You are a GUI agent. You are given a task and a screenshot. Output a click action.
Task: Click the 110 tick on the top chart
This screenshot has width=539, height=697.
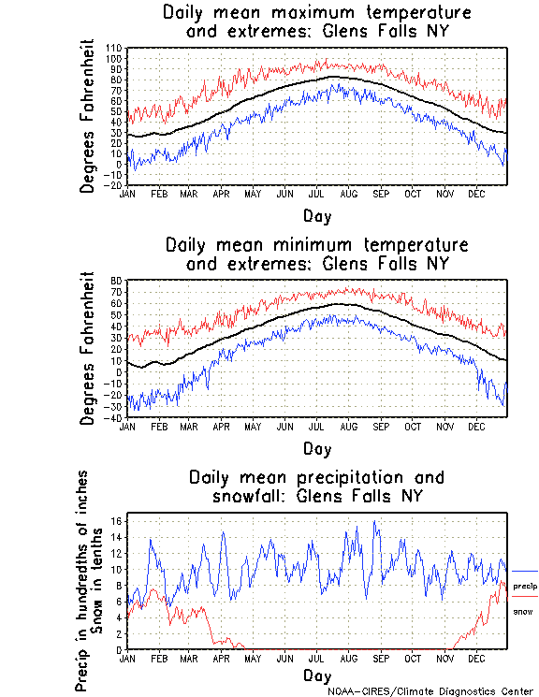point(115,48)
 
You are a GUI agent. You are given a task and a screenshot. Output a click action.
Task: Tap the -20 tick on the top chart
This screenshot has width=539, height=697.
point(114,185)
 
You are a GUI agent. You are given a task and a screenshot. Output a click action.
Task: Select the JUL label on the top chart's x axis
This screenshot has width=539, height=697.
point(316,194)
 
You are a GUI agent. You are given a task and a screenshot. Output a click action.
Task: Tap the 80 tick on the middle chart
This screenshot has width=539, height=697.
point(118,281)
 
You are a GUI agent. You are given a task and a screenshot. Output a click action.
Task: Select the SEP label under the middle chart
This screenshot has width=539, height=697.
point(381,427)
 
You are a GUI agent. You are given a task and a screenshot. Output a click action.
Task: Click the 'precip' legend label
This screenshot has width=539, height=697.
point(525,586)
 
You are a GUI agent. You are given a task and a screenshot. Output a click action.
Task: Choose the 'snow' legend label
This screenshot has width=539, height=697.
point(522,611)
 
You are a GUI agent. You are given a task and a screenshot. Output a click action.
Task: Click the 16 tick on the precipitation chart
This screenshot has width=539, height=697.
point(117,521)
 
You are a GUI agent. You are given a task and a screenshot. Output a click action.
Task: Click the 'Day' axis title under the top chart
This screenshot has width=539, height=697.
point(317,216)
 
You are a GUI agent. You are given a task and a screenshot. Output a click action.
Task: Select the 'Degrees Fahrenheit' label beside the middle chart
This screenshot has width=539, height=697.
point(88,348)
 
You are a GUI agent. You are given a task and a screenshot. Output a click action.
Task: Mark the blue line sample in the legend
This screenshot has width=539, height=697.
point(525,571)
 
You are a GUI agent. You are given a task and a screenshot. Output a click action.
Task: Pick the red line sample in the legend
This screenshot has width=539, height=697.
point(525,597)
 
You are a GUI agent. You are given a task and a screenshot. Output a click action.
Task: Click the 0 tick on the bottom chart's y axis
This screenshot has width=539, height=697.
point(121,649)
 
